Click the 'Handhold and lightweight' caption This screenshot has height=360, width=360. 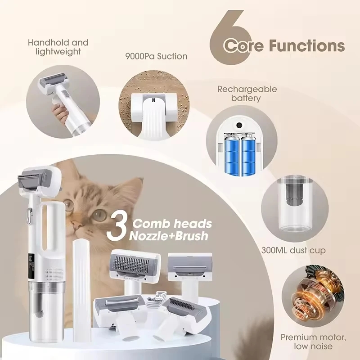[58, 47]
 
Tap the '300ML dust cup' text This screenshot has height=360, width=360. [293, 250]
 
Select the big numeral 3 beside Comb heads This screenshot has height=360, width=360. [117, 229]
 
